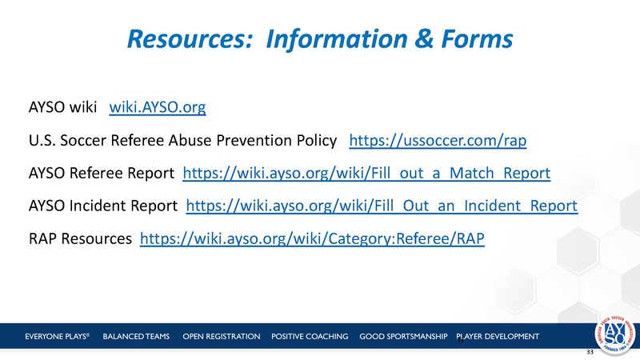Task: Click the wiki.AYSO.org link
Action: click(151, 106)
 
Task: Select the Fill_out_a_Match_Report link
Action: click(367, 173)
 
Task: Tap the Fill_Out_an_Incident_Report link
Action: click(382, 206)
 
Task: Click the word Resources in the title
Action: click(188, 38)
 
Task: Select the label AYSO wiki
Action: click(62, 106)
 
